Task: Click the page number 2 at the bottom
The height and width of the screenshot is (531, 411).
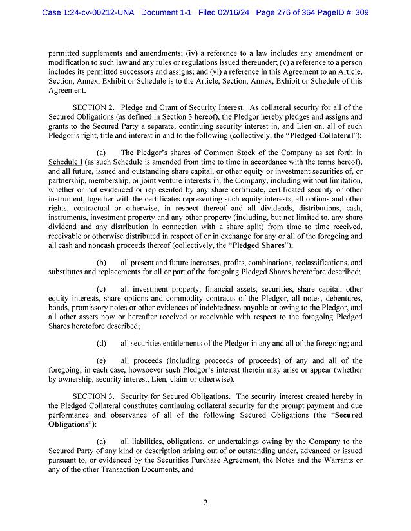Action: click(205, 503)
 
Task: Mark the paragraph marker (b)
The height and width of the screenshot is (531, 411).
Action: click(101, 263)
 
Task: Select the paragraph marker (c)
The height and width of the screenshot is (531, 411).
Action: click(101, 290)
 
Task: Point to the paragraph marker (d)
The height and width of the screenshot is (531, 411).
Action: click(101, 343)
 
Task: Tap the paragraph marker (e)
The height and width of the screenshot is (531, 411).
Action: click(101, 361)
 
